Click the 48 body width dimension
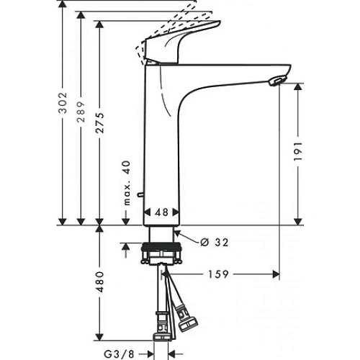tap(161, 213)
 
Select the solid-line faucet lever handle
tap(180, 43)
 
